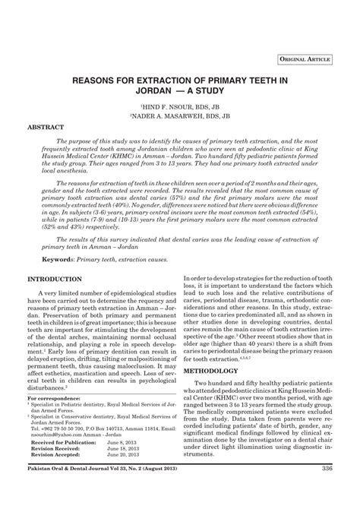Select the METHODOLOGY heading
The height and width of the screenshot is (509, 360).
coord(222,372)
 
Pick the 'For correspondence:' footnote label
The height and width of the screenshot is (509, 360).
coord(57,398)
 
